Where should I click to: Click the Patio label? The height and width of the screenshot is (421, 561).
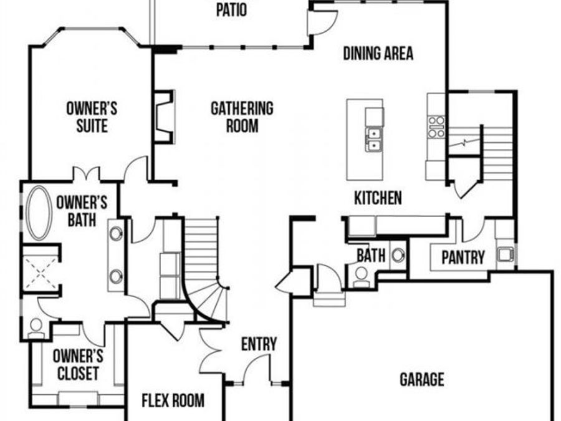[231, 10]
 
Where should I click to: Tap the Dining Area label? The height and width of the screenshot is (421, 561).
[378, 54]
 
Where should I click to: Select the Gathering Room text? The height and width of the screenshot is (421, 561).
[242, 117]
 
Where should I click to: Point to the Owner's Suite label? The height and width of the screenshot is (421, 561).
[92, 117]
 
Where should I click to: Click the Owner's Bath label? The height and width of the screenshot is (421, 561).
[82, 211]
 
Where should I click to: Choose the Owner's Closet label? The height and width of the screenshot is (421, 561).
[77, 364]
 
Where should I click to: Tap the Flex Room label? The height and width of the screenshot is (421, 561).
[173, 400]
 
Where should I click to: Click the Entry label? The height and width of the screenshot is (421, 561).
[259, 344]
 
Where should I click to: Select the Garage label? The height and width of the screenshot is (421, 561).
[422, 379]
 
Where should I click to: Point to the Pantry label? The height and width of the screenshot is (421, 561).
[463, 257]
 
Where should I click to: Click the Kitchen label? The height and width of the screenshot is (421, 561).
[378, 198]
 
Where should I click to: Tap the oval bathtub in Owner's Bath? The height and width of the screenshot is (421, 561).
[39, 213]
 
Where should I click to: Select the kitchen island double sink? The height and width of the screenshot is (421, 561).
[374, 139]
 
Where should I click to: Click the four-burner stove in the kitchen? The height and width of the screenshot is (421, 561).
[436, 126]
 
